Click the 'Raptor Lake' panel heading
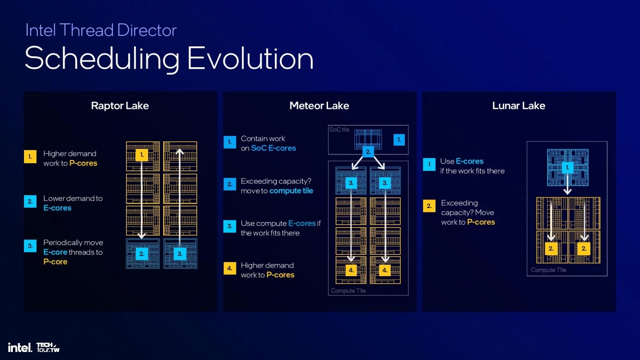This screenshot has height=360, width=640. [120, 106]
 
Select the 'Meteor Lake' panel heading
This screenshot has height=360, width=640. [319, 106]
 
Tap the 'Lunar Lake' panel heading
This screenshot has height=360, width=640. [518, 106]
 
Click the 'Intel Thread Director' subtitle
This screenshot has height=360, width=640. [101, 30]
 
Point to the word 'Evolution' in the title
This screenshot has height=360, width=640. [250, 58]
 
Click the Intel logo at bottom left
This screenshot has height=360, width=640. [20, 348]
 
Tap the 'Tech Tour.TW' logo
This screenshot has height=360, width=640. [48, 347]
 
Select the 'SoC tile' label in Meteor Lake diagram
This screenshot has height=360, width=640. [339, 130]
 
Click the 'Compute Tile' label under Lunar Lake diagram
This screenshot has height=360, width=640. [548, 270]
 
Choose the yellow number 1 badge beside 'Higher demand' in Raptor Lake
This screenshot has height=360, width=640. [30, 156]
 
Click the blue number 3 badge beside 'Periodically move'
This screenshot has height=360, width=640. [30, 246]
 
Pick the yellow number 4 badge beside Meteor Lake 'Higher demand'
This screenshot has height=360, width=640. [230, 268]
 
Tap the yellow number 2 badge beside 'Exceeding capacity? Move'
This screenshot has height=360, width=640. [429, 206]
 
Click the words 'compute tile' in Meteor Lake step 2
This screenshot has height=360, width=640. [291, 191]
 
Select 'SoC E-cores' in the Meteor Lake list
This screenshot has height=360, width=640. [273, 148]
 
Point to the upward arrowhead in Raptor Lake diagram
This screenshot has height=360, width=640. [180, 152]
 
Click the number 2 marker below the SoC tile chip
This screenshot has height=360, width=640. [368, 152]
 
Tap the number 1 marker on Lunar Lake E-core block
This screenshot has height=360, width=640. [567, 167]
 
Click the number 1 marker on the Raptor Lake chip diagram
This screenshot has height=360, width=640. [142, 155]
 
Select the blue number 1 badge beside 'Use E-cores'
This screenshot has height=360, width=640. [429, 164]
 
